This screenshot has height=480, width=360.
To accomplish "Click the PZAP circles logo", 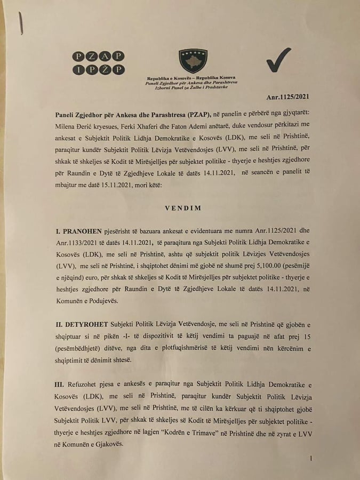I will point(99,62).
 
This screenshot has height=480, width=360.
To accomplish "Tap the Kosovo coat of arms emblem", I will point(193,60).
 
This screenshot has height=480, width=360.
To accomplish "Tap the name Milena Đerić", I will point(75,124).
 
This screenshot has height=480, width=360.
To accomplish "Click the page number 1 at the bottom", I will point(310,458).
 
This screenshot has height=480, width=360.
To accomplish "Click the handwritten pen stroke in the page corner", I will point(21,21).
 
